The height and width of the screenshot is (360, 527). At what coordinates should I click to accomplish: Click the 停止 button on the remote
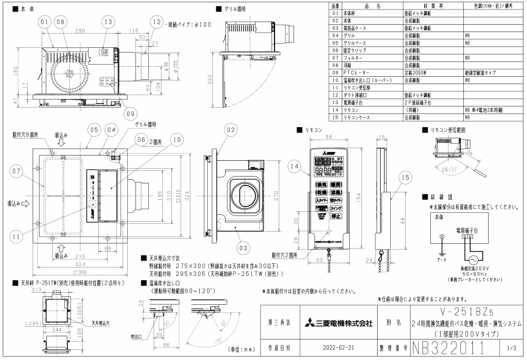(336, 216)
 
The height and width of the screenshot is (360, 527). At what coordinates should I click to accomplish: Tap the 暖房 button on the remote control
(337, 185)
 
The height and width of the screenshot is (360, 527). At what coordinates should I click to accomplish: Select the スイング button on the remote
(336, 209)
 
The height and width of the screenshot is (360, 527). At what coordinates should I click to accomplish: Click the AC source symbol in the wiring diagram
(472, 260)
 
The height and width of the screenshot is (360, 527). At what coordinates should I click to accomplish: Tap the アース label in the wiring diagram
(442, 260)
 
